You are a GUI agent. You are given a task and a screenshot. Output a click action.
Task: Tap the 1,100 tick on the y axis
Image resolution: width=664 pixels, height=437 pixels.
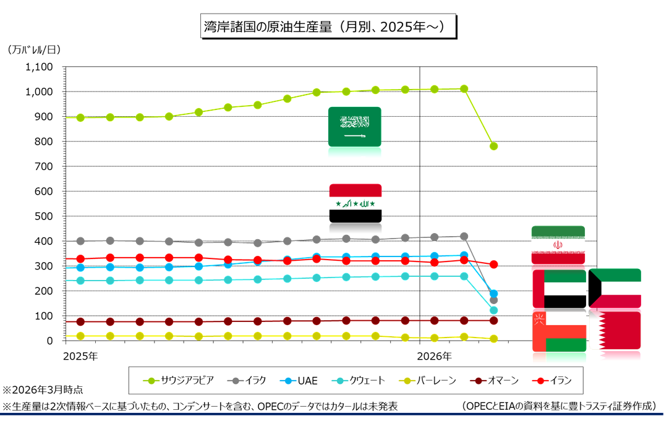[x=39, y=67]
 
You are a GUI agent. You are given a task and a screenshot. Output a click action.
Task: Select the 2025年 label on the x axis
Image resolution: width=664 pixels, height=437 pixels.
[x=80, y=357]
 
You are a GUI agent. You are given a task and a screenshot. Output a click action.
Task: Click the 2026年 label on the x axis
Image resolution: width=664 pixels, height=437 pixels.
[x=434, y=357]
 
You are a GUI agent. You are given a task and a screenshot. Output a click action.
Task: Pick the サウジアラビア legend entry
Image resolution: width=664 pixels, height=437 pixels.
[x=179, y=380]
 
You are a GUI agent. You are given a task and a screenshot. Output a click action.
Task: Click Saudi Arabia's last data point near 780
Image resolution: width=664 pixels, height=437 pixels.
[x=493, y=146]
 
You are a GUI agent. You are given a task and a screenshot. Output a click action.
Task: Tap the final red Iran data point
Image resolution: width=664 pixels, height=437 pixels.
[x=493, y=265]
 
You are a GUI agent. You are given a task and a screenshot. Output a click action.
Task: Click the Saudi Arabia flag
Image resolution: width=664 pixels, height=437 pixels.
[x=355, y=127]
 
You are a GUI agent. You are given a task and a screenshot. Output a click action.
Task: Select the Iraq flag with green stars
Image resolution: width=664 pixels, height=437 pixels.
[x=355, y=203]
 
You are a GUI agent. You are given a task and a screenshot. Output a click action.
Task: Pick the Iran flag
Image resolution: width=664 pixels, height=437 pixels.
[x=558, y=245]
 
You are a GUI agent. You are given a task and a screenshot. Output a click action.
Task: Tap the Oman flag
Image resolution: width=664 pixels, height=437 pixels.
[x=559, y=331]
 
